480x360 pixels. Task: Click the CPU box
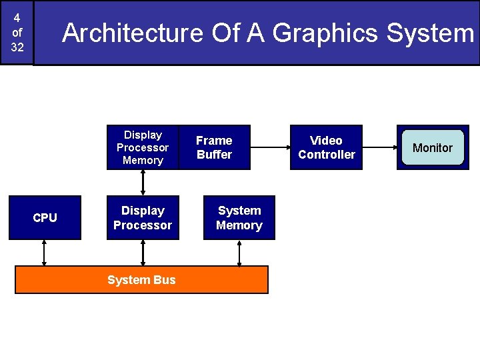[x=45, y=217]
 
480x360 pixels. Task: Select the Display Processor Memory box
[x=143, y=147]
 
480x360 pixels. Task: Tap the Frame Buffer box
[x=214, y=147]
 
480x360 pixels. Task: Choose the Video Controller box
[x=327, y=147]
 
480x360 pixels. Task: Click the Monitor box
[x=433, y=147]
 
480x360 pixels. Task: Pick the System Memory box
[x=239, y=217]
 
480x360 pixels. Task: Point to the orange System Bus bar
[x=141, y=279]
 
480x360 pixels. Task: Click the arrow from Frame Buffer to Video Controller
[x=270, y=147]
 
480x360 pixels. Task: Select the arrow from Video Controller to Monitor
[x=379, y=147]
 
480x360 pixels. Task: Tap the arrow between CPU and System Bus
[x=45, y=253]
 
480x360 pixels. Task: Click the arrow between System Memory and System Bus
[x=239, y=253]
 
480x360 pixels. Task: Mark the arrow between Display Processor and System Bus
[x=143, y=253]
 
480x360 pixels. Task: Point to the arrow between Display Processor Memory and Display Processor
[x=143, y=183]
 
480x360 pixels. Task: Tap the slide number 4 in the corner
[x=17, y=18]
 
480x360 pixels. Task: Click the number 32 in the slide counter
[x=17, y=47]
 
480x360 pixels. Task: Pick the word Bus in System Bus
[x=163, y=279]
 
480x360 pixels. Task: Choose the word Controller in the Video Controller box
[x=327, y=155]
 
